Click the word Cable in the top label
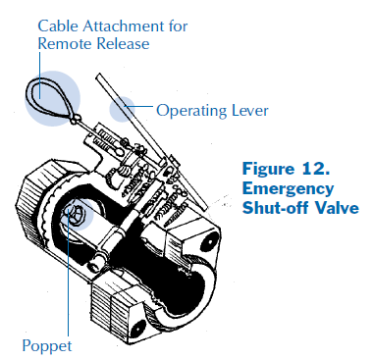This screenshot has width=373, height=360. click(57, 24)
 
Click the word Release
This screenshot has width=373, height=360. click(125, 43)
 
